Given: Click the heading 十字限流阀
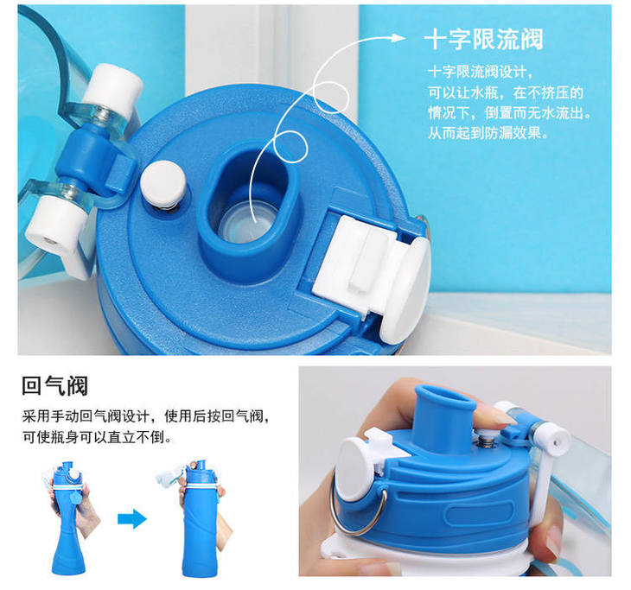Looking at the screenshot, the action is click(484, 39).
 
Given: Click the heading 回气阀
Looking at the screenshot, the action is click(54, 385).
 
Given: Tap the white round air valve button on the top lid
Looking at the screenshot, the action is click(163, 181).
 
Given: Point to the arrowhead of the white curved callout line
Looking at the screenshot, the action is click(398, 38).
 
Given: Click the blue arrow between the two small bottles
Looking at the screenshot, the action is click(132, 519).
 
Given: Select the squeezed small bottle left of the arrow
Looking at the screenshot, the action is click(69, 518).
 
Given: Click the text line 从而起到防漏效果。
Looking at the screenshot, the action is click(488, 132).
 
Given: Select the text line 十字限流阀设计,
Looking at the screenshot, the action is click(480, 72).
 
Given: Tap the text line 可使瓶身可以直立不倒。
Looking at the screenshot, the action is click(97, 437).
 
